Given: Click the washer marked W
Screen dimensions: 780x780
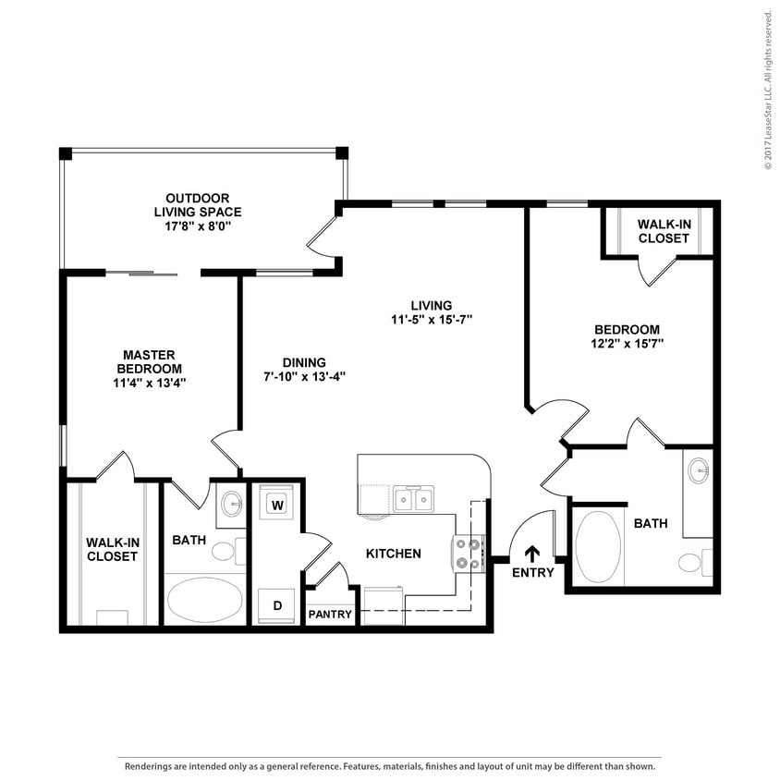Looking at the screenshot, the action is coord(277,505).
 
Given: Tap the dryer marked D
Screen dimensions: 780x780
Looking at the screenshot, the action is coord(277,605).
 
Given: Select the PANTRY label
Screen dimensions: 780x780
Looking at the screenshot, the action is coord(330,615).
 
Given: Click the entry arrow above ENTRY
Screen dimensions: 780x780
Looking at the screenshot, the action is coord(532,555).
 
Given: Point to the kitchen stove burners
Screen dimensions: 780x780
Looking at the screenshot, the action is coord(469,554).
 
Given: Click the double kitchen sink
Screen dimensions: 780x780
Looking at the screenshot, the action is coord(413,498).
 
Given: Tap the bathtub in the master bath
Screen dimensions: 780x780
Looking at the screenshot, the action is coord(204,599).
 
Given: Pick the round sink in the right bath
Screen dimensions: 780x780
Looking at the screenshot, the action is coord(699,470).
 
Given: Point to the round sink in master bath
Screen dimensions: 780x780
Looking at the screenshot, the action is coord(231,504).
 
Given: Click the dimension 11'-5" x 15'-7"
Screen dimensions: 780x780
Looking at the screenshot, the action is coord(432,320).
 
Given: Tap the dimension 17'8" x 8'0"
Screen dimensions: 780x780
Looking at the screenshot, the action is coord(198,226).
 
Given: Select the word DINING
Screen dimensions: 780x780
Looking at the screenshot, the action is coord(304,362).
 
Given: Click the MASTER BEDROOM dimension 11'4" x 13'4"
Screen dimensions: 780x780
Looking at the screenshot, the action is coord(149,383).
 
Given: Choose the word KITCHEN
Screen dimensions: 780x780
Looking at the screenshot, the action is coord(394,554).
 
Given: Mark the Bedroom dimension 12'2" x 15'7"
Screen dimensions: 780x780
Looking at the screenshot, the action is coord(628,344).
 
